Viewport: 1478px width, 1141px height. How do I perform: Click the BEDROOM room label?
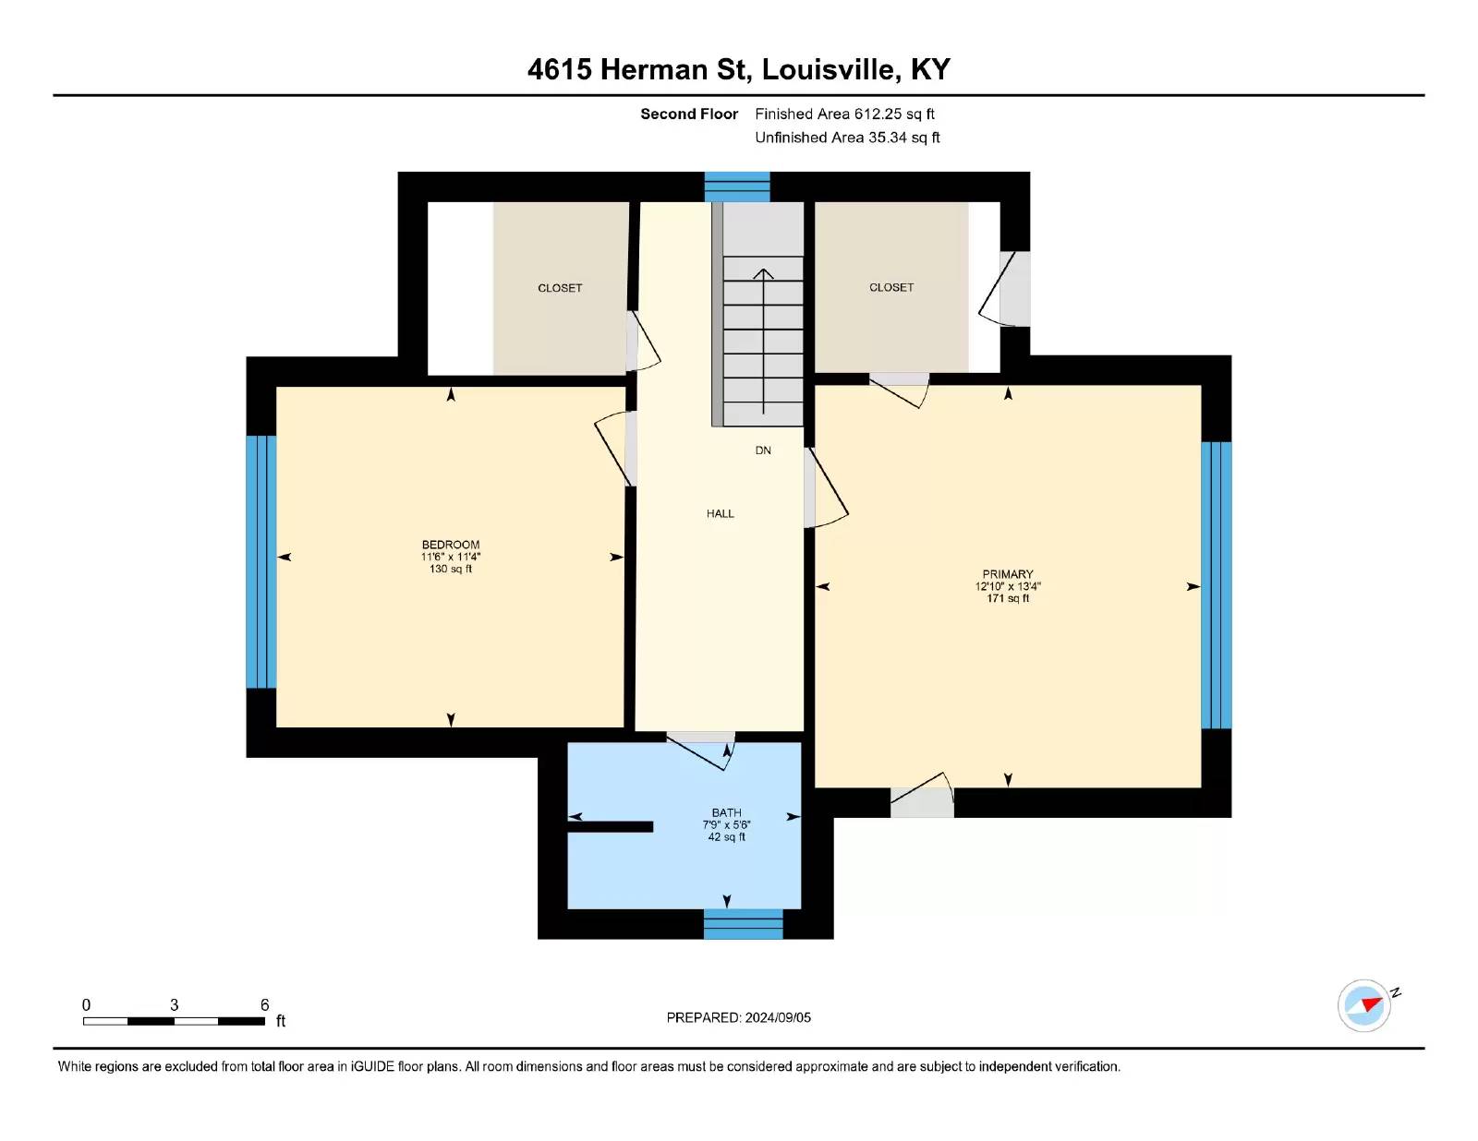pyautogui.click(x=450, y=545)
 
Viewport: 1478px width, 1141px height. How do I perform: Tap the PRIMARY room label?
pyautogui.click(x=1007, y=574)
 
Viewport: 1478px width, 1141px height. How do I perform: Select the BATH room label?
pyautogui.click(x=726, y=812)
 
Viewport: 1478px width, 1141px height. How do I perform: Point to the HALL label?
pyautogui.click(x=720, y=514)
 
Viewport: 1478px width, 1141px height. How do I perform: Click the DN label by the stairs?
pyautogui.click(x=763, y=450)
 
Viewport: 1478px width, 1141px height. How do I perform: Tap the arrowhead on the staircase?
pyautogui.click(x=763, y=274)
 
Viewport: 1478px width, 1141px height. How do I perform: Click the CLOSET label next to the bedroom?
pyautogui.click(x=560, y=288)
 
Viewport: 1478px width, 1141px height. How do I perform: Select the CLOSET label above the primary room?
pyautogui.click(x=891, y=287)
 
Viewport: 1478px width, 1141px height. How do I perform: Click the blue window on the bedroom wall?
pyautogui.click(x=261, y=562)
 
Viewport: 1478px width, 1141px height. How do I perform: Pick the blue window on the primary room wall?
pyautogui.click(x=1217, y=585)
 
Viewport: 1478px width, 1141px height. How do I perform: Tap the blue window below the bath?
pyautogui.click(x=743, y=924)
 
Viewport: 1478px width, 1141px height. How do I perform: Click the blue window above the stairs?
pyautogui.click(x=736, y=186)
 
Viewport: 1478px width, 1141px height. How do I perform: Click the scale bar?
pyautogui.click(x=174, y=1021)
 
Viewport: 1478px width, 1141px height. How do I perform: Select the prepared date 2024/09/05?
pyautogui.click(x=778, y=1017)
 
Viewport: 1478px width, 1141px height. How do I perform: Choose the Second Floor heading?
pyautogui.click(x=689, y=114)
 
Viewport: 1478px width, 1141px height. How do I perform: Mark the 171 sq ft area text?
pyautogui.click(x=1007, y=598)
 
